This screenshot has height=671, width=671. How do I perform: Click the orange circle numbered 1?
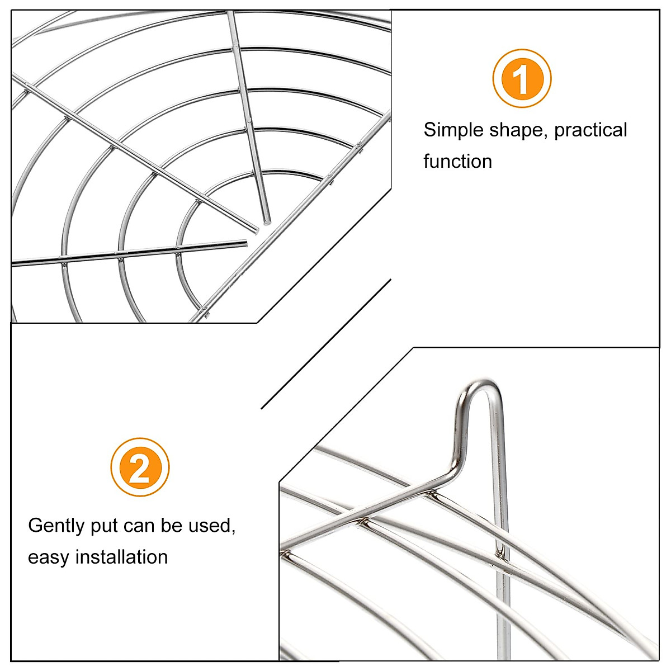(x=522, y=79)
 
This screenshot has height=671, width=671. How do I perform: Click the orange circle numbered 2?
(x=140, y=467)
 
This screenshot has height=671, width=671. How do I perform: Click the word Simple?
(x=453, y=130)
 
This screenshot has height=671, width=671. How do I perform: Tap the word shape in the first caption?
(x=518, y=130)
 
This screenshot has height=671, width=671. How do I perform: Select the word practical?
(x=591, y=130)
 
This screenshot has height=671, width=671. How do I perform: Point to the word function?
(x=457, y=162)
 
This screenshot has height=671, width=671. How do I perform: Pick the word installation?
(x=121, y=557)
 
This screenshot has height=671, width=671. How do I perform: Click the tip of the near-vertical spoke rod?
(x=267, y=220)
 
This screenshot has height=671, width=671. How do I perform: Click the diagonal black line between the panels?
(x=326, y=344)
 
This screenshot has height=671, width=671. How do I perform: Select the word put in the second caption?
(x=105, y=526)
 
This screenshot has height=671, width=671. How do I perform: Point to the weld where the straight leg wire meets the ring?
(x=502, y=554)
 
